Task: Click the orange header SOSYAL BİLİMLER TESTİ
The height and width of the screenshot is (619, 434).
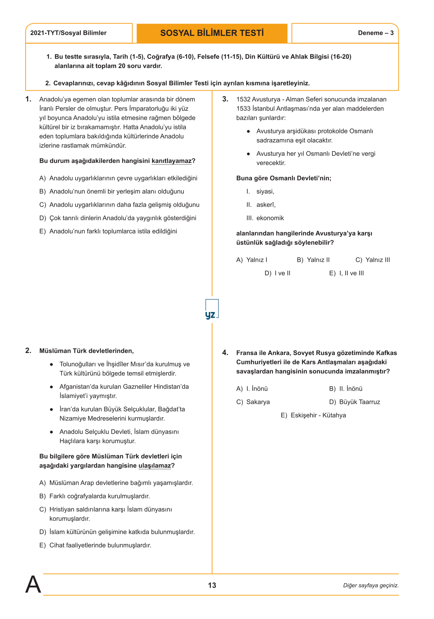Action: (212, 33)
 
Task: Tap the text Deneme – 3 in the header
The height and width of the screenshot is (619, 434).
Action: (376, 33)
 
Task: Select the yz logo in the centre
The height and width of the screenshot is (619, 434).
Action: (211, 310)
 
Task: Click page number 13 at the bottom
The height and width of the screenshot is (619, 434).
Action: (212, 585)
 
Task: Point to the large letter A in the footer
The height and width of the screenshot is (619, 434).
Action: (33, 584)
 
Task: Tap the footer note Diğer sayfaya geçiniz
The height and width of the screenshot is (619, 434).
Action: (371, 585)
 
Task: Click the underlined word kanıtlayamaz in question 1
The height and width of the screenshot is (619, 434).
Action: (171, 161)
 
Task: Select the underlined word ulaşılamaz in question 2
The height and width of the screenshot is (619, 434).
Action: (155, 466)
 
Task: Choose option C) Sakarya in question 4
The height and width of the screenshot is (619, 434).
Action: (253, 402)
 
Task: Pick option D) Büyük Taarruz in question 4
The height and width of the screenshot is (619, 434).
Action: (355, 402)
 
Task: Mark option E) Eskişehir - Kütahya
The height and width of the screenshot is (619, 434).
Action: (313, 415)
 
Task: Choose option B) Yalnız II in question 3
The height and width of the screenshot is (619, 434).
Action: (313, 260)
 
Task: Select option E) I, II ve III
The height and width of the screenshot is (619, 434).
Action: (346, 273)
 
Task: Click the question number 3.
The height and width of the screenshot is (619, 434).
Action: (225, 99)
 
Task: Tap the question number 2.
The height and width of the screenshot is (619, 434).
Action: (28, 351)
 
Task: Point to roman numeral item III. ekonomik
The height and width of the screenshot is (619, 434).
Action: (265, 218)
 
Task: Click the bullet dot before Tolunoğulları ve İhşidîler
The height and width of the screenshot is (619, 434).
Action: (52, 364)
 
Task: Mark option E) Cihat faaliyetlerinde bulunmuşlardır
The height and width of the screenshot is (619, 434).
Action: (95, 545)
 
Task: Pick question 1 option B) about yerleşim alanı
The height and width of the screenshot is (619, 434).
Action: (112, 191)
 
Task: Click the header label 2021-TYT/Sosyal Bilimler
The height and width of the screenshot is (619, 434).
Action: (68, 33)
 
